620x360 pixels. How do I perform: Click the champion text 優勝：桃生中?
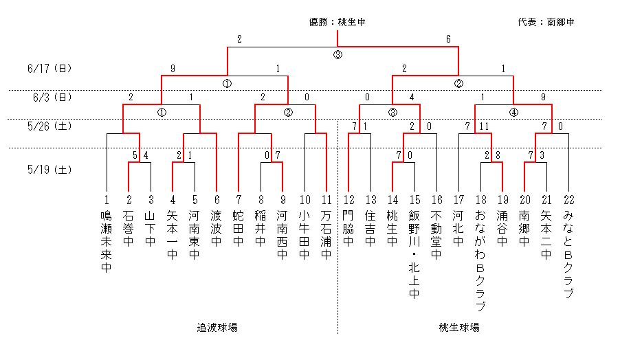point(337,22)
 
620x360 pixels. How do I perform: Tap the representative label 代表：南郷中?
point(546,22)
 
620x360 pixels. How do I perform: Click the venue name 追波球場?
point(217,328)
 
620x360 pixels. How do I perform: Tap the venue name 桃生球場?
point(458,328)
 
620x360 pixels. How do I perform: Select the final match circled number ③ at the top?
point(337,55)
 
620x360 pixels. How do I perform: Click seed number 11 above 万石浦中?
point(326,200)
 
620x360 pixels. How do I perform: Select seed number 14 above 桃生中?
point(392,200)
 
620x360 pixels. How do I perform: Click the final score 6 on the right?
point(448,39)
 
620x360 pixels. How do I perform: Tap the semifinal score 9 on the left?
point(173,69)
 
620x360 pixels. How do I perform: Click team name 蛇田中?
point(239,229)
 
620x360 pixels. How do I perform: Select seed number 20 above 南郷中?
point(524,200)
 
